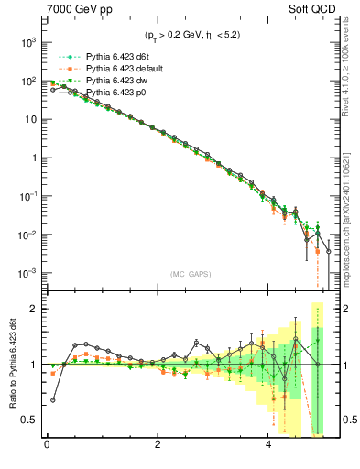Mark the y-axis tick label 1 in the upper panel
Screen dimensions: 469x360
coord(32,158)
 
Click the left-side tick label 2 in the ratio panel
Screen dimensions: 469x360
coord(33,309)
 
